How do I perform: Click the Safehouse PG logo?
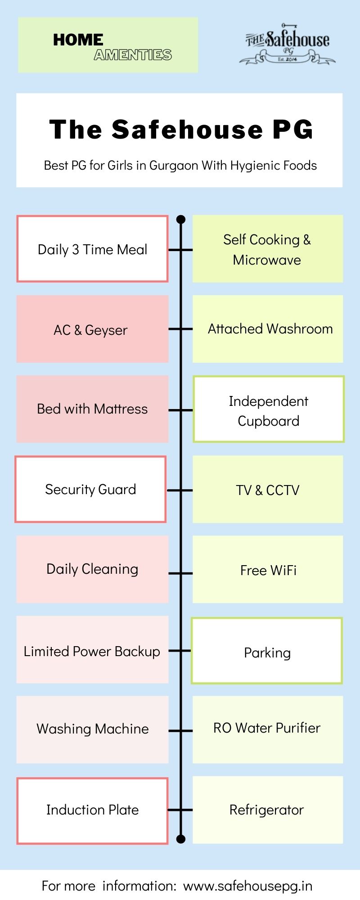(287, 44)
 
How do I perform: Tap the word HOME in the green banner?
(78, 40)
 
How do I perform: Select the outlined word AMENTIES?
(133, 55)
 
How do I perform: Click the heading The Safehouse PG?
(181, 129)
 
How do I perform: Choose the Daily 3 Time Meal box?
(92, 249)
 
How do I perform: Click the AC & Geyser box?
(92, 329)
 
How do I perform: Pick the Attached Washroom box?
(268, 329)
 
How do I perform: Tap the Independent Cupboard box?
(269, 409)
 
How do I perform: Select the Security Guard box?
(90, 489)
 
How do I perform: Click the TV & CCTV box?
(268, 489)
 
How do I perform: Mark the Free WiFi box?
(268, 569)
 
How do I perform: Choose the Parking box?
(267, 651)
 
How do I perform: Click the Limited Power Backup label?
(92, 651)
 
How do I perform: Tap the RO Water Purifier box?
(268, 729)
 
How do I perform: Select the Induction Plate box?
(92, 810)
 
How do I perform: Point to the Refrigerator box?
(268, 810)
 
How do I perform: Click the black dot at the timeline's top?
(181, 220)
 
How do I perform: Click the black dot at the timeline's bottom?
(181, 839)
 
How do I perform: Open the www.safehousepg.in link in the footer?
(248, 886)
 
